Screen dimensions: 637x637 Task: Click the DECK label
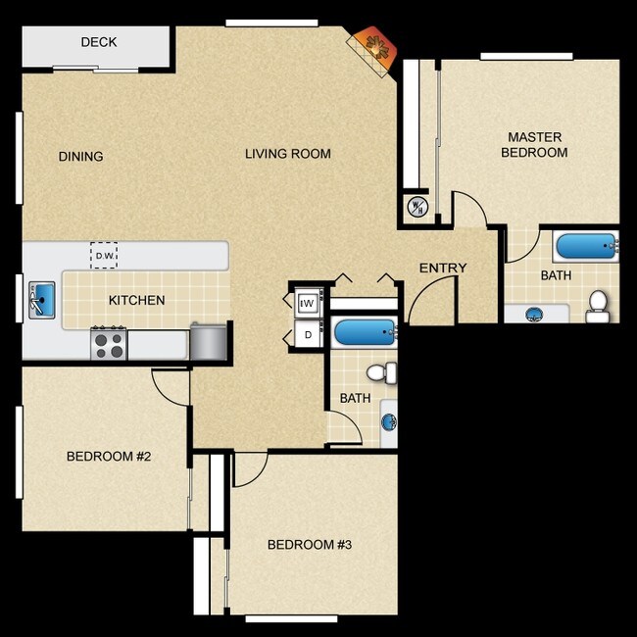click(99, 42)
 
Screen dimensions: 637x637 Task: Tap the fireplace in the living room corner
click(373, 45)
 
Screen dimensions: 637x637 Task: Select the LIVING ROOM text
click(287, 154)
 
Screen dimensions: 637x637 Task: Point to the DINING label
click(80, 157)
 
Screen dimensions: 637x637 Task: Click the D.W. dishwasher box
click(105, 256)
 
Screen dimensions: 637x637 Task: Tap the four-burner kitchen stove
click(109, 343)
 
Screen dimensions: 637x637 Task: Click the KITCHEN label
click(136, 301)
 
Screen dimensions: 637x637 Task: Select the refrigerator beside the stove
click(209, 342)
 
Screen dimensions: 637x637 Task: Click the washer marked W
click(308, 303)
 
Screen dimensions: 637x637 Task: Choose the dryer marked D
click(308, 335)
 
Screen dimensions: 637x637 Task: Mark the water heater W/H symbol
click(416, 207)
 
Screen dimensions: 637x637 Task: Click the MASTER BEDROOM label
click(534, 145)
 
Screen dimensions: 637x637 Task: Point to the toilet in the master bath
click(597, 307)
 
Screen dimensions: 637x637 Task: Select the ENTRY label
click(443, 269)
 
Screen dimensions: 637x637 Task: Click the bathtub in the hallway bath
click(364, 333)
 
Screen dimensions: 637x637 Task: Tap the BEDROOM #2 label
click(108, 457)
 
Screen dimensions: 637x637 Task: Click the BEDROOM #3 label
click(309, 545)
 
